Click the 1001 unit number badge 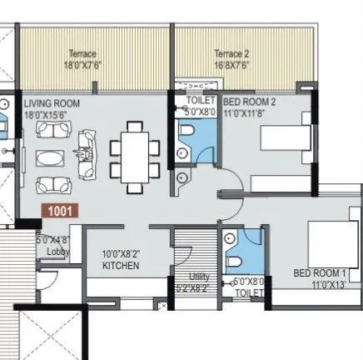pyautogui.click(x=61, y=212)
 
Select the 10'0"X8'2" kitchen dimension pyautogui.click(x=122, y=254)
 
